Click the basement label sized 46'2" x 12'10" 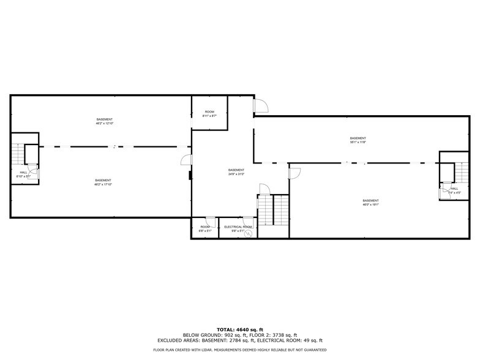(x=105, y=121)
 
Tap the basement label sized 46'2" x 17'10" (x=103, y=182)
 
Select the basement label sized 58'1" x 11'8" (x=358, y=140)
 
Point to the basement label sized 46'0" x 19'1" (x=370, y=203)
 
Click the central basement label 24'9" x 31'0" (x=236, y=172)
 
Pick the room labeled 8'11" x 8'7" (x=209, y=113)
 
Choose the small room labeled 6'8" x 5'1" (x=204, y=229)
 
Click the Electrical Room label (x=238, y=227)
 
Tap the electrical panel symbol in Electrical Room (x=248, y=233)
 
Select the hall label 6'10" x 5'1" (x=23, y=174)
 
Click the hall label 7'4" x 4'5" (x=454, y=190)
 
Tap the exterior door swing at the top (x=261, y=105)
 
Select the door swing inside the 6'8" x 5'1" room (x=210, y=221)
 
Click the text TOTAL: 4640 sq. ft (x=240, y=329)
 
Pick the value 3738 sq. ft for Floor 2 (x=284, y=335)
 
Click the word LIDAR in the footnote (x=211, y=350)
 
